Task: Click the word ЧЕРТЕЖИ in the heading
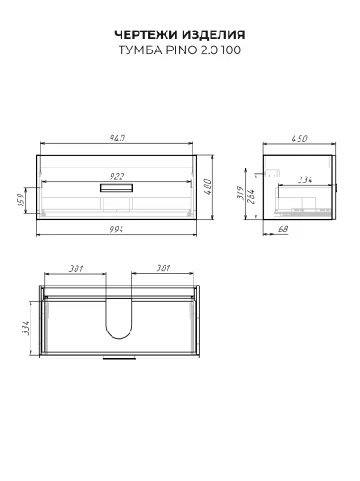[x=147, y=34]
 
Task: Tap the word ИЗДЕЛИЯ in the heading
[x=213, y=34]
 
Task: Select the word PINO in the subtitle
[x=182, y=50]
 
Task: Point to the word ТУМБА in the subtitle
[x=140, y=50]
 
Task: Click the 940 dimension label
[x=117, y=138]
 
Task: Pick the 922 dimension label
[x=117, y=177]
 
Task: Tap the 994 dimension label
[x=117, y=229]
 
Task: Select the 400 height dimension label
[x=207, y=186]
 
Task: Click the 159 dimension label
[x=21, y=200]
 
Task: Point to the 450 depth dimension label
[x=299, y=139]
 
